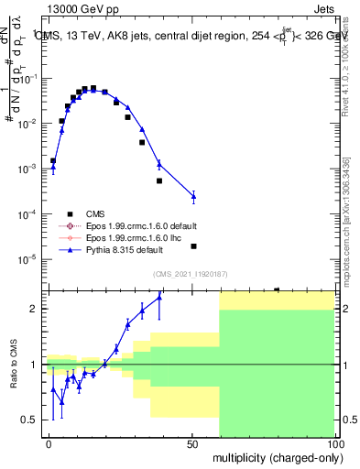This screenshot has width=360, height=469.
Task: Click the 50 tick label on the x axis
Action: click(x=192, y=443)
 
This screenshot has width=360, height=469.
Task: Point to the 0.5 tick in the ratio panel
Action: click(x=32, y=420)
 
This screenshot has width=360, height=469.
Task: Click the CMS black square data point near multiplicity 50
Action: click(x=193, y=245)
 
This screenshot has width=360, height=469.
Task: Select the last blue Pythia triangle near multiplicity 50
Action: click(x=193, y=196)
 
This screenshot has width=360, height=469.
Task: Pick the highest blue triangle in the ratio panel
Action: click(x=159, y=297)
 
